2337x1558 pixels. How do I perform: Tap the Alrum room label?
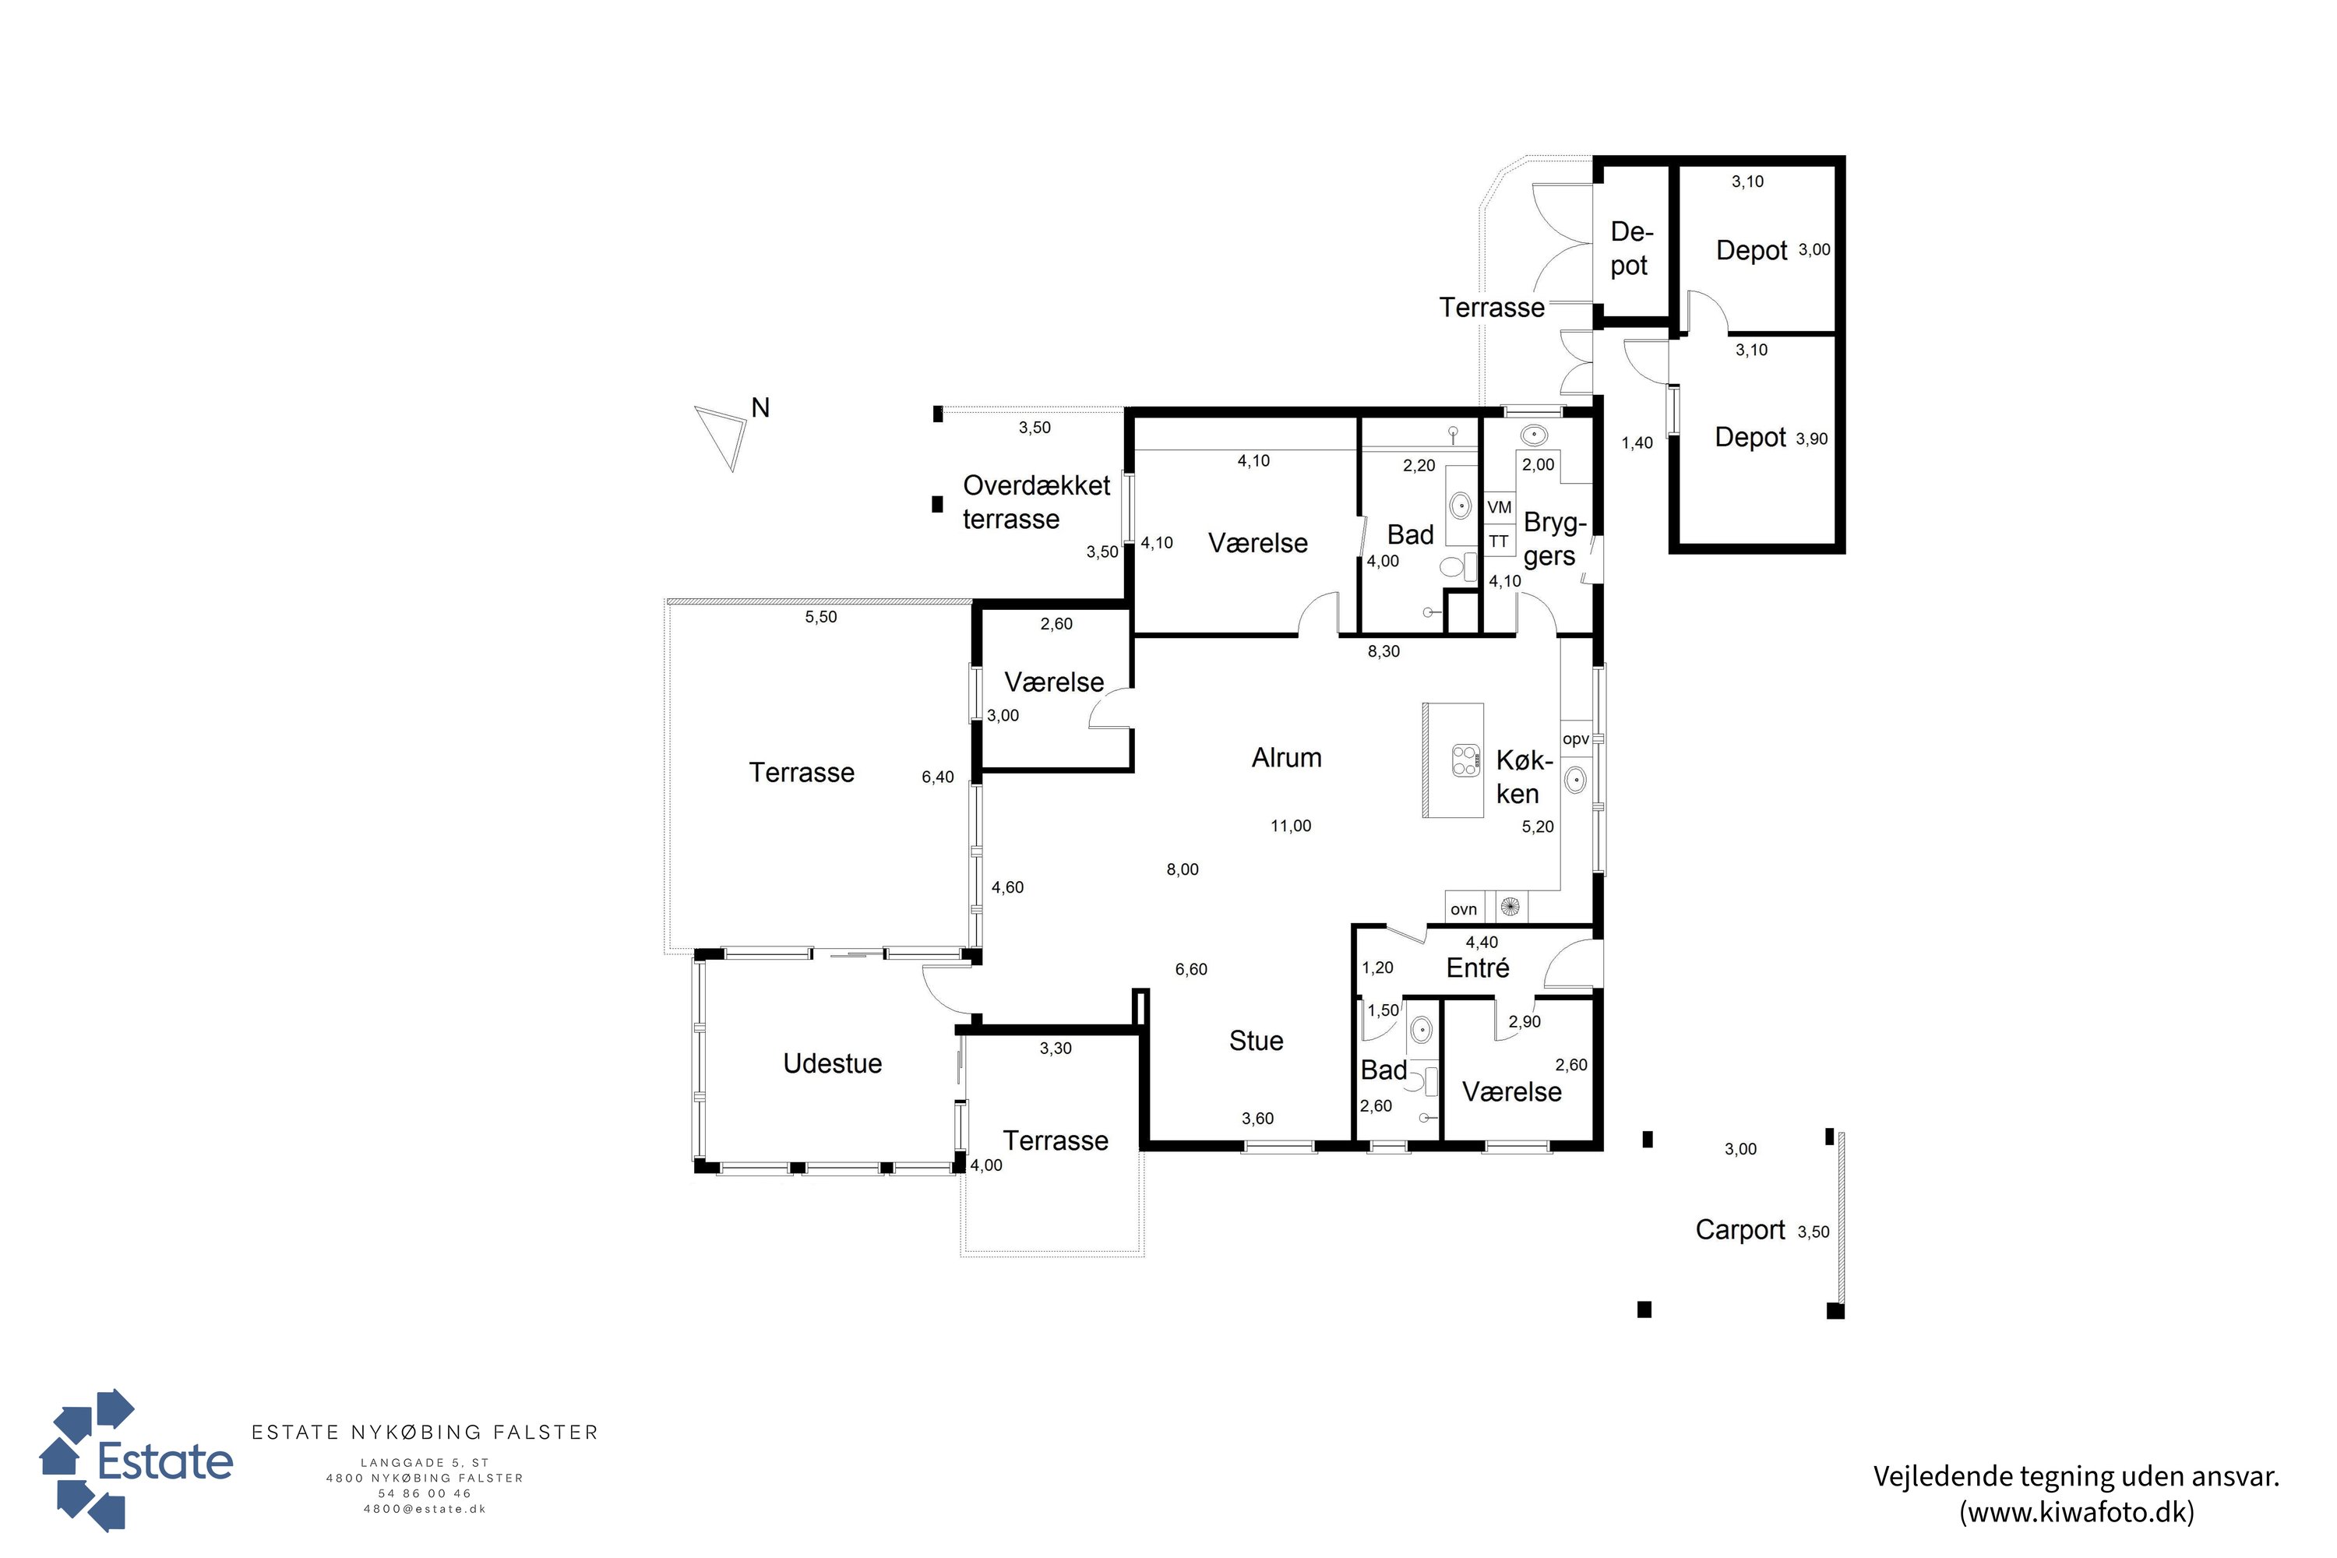tap(1287, 758)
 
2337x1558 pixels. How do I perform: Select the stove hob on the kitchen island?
tap(1465, 760)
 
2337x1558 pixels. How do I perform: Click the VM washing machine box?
tap(1500, 508)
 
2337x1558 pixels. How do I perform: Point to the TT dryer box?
tap(1500, 541)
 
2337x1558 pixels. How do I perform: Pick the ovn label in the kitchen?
tap(1464, 909)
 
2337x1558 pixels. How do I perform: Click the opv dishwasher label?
tap(1576, 739)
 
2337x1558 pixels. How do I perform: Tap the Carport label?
tap(1740, 1230)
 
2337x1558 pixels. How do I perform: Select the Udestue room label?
tap(833, 1063)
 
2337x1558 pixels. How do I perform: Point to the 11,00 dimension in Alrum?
tap(1291, 826)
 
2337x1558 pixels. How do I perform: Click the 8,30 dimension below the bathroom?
tap(1384, 652)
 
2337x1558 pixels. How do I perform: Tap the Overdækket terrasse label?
tap(1036, 502)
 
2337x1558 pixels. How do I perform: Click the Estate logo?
tap(136, 1460)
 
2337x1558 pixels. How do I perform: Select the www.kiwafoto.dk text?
tap(2077, 1511)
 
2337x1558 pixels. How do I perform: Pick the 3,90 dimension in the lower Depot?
tap(1811, 439)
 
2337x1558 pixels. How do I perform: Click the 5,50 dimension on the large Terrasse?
tap(821, 617)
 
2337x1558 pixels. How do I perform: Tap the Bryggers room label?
tap(1554, 540)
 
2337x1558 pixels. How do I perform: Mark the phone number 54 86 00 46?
tap(425, 1493)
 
